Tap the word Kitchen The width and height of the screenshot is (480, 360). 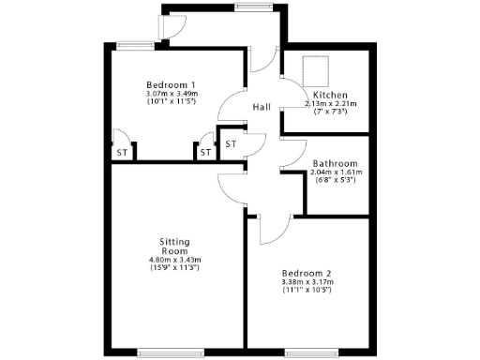click(x=330, y=96)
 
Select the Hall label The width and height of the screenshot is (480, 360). click(x=262, y=108)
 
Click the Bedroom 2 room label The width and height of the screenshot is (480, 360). click(x=307, y=271)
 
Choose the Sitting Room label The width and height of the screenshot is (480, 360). click(x=174, y=246)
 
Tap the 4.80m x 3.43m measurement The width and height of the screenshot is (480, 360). click(x=174, y=260)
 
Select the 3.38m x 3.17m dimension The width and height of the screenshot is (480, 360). click(x=307, y=281)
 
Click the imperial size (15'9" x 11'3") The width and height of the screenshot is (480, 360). click(x=174, y=268)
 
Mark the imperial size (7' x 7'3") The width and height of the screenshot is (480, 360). click(x=330, y=112)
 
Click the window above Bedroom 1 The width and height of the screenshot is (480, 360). click(x=134, y=43)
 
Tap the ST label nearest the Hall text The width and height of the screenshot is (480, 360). click(x=231, y=143)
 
